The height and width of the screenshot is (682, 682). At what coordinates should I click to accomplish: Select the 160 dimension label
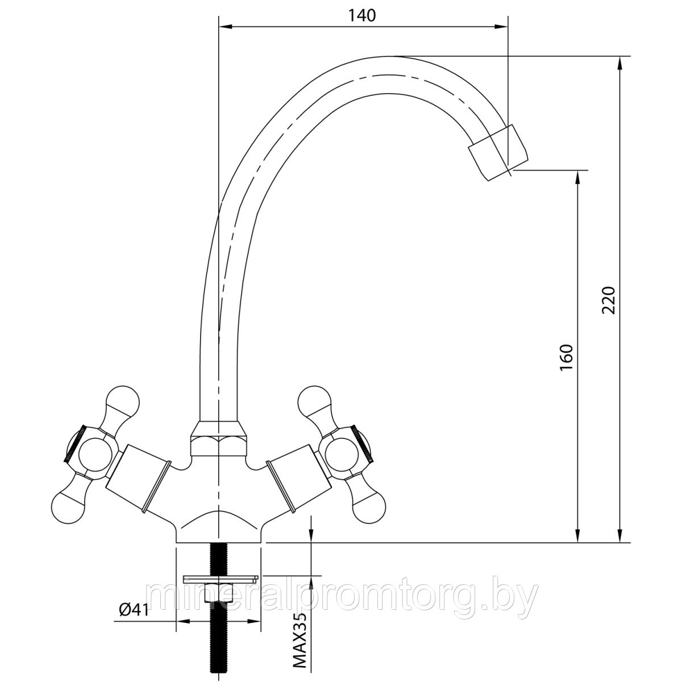[566, 357]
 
